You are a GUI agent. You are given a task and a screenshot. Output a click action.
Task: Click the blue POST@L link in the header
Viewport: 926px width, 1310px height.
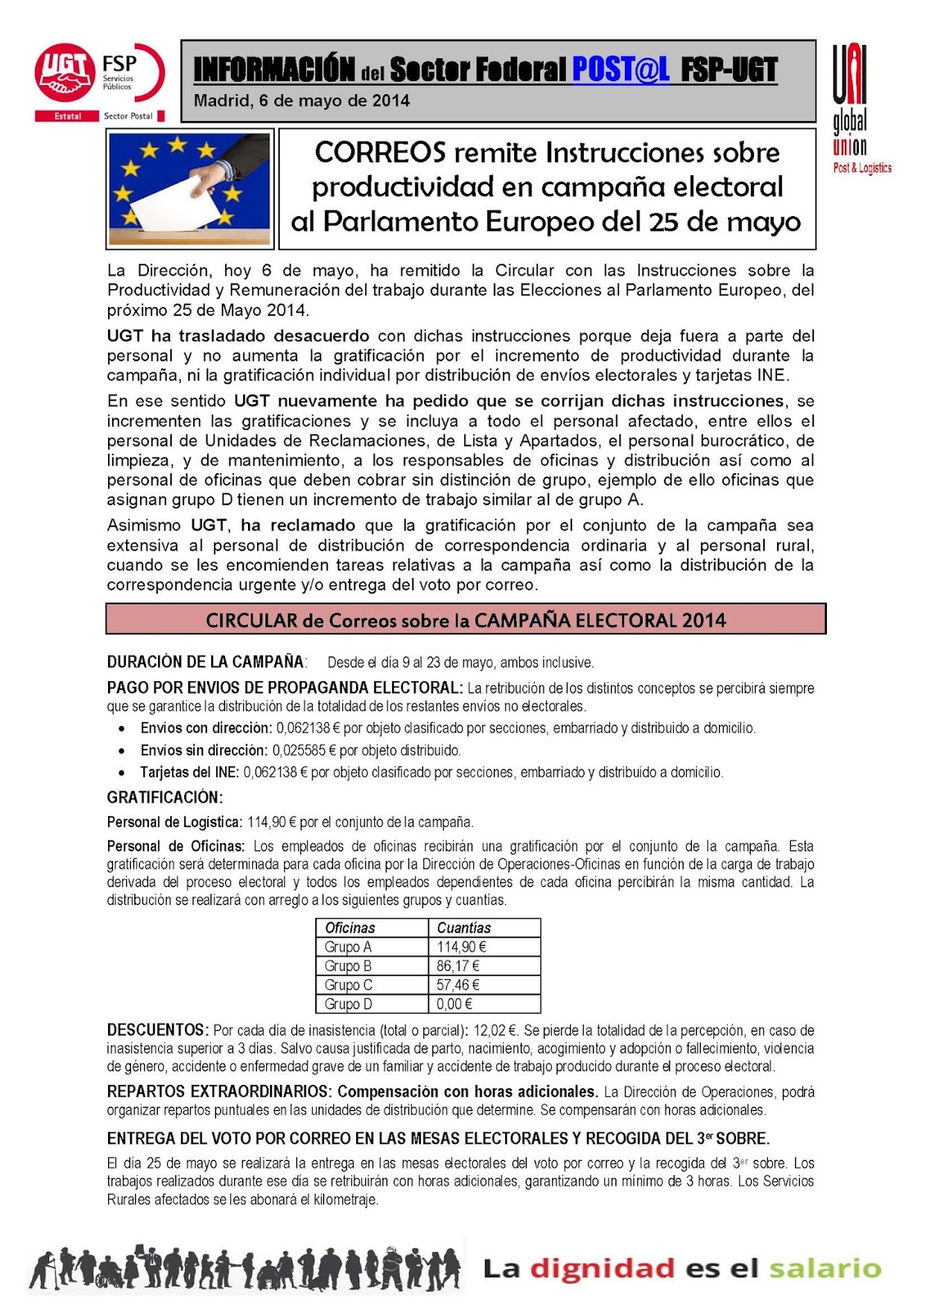coord(620,70)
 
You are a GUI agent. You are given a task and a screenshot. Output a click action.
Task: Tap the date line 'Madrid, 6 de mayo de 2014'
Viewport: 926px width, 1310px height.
coord(301,102)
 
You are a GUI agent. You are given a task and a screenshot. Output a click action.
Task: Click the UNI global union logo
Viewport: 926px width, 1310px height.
coord(856,110)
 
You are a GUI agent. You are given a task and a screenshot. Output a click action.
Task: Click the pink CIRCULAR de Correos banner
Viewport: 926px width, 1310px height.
coord(465,620)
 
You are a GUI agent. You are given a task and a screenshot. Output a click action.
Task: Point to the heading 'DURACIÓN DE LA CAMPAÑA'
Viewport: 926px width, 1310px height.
coord(206,662)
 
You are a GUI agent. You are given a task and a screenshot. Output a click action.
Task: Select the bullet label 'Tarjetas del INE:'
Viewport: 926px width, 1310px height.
coord(189,772)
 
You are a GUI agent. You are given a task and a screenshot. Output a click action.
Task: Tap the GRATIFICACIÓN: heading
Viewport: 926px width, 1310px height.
coord(165,797)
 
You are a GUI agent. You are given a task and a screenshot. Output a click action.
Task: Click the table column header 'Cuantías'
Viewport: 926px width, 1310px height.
coord(463,928)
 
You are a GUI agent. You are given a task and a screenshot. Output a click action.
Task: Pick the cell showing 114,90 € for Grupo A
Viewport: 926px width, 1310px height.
coord(461,946)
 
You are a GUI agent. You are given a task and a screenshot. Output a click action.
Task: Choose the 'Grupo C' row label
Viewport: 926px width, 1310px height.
coord(348,985)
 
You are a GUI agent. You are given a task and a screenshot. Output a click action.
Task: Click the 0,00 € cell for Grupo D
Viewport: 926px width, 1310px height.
coord(454,1004)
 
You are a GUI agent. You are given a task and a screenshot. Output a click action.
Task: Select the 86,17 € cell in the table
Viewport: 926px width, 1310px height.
coord(458,966)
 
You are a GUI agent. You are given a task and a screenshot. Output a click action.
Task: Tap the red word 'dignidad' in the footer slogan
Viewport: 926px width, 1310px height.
coord(602,1269)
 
